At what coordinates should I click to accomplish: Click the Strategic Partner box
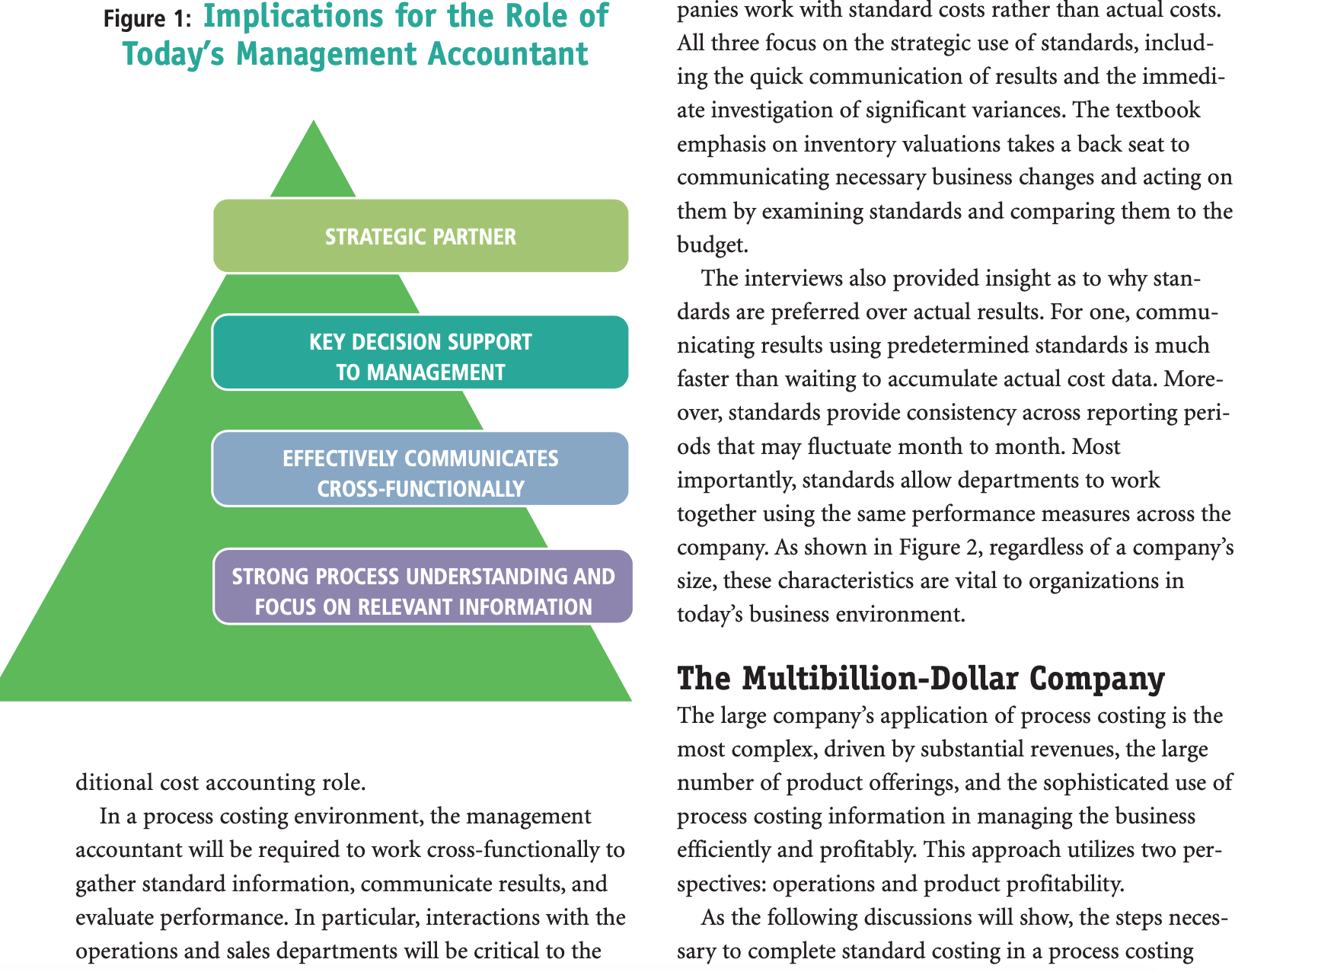tap(420, 236)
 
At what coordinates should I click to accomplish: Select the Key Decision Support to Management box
tap(420, 353)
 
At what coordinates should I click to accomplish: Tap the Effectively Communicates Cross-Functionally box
tap(420, 469)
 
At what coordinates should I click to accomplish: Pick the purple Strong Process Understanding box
tap(423, 587)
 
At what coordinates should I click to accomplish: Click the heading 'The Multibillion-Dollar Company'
tap(921, 679)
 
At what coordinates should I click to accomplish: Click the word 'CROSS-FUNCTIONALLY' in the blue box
tap(420, 489)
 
